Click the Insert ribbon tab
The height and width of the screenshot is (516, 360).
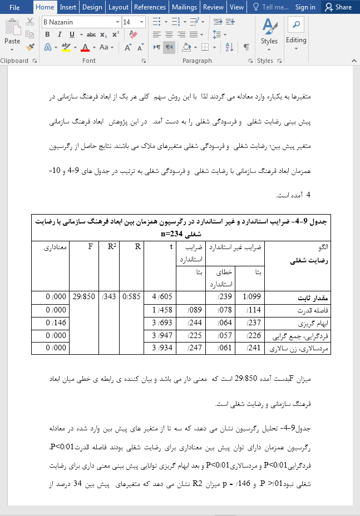68,7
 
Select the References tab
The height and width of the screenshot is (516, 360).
150,7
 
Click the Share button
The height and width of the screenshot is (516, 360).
339,7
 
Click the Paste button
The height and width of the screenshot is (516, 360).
12,33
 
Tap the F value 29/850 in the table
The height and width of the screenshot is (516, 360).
83,297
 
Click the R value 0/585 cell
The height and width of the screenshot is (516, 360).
131,297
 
